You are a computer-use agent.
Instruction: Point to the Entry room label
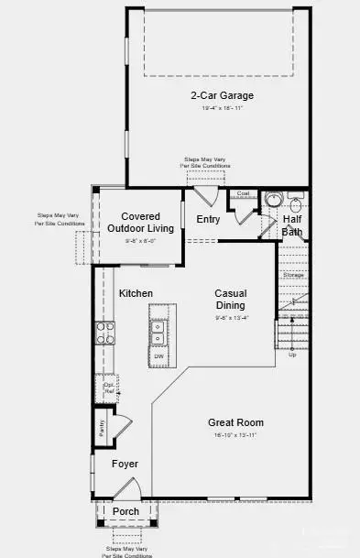point(208,219)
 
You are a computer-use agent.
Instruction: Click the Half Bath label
point(292,225)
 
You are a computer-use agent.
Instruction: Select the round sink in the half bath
point(271,200)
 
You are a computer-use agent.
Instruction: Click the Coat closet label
point(244,193)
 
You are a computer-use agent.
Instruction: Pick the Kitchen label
point(136,293)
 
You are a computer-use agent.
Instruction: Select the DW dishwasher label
point(158,356)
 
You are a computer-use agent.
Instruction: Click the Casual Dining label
point(230,300)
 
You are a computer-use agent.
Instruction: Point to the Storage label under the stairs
point(293,275)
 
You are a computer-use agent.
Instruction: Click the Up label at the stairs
point(292,354)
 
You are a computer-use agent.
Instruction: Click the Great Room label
point(235,422)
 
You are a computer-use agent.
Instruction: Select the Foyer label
point(125,464)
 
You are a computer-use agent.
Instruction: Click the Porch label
point(125,510)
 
